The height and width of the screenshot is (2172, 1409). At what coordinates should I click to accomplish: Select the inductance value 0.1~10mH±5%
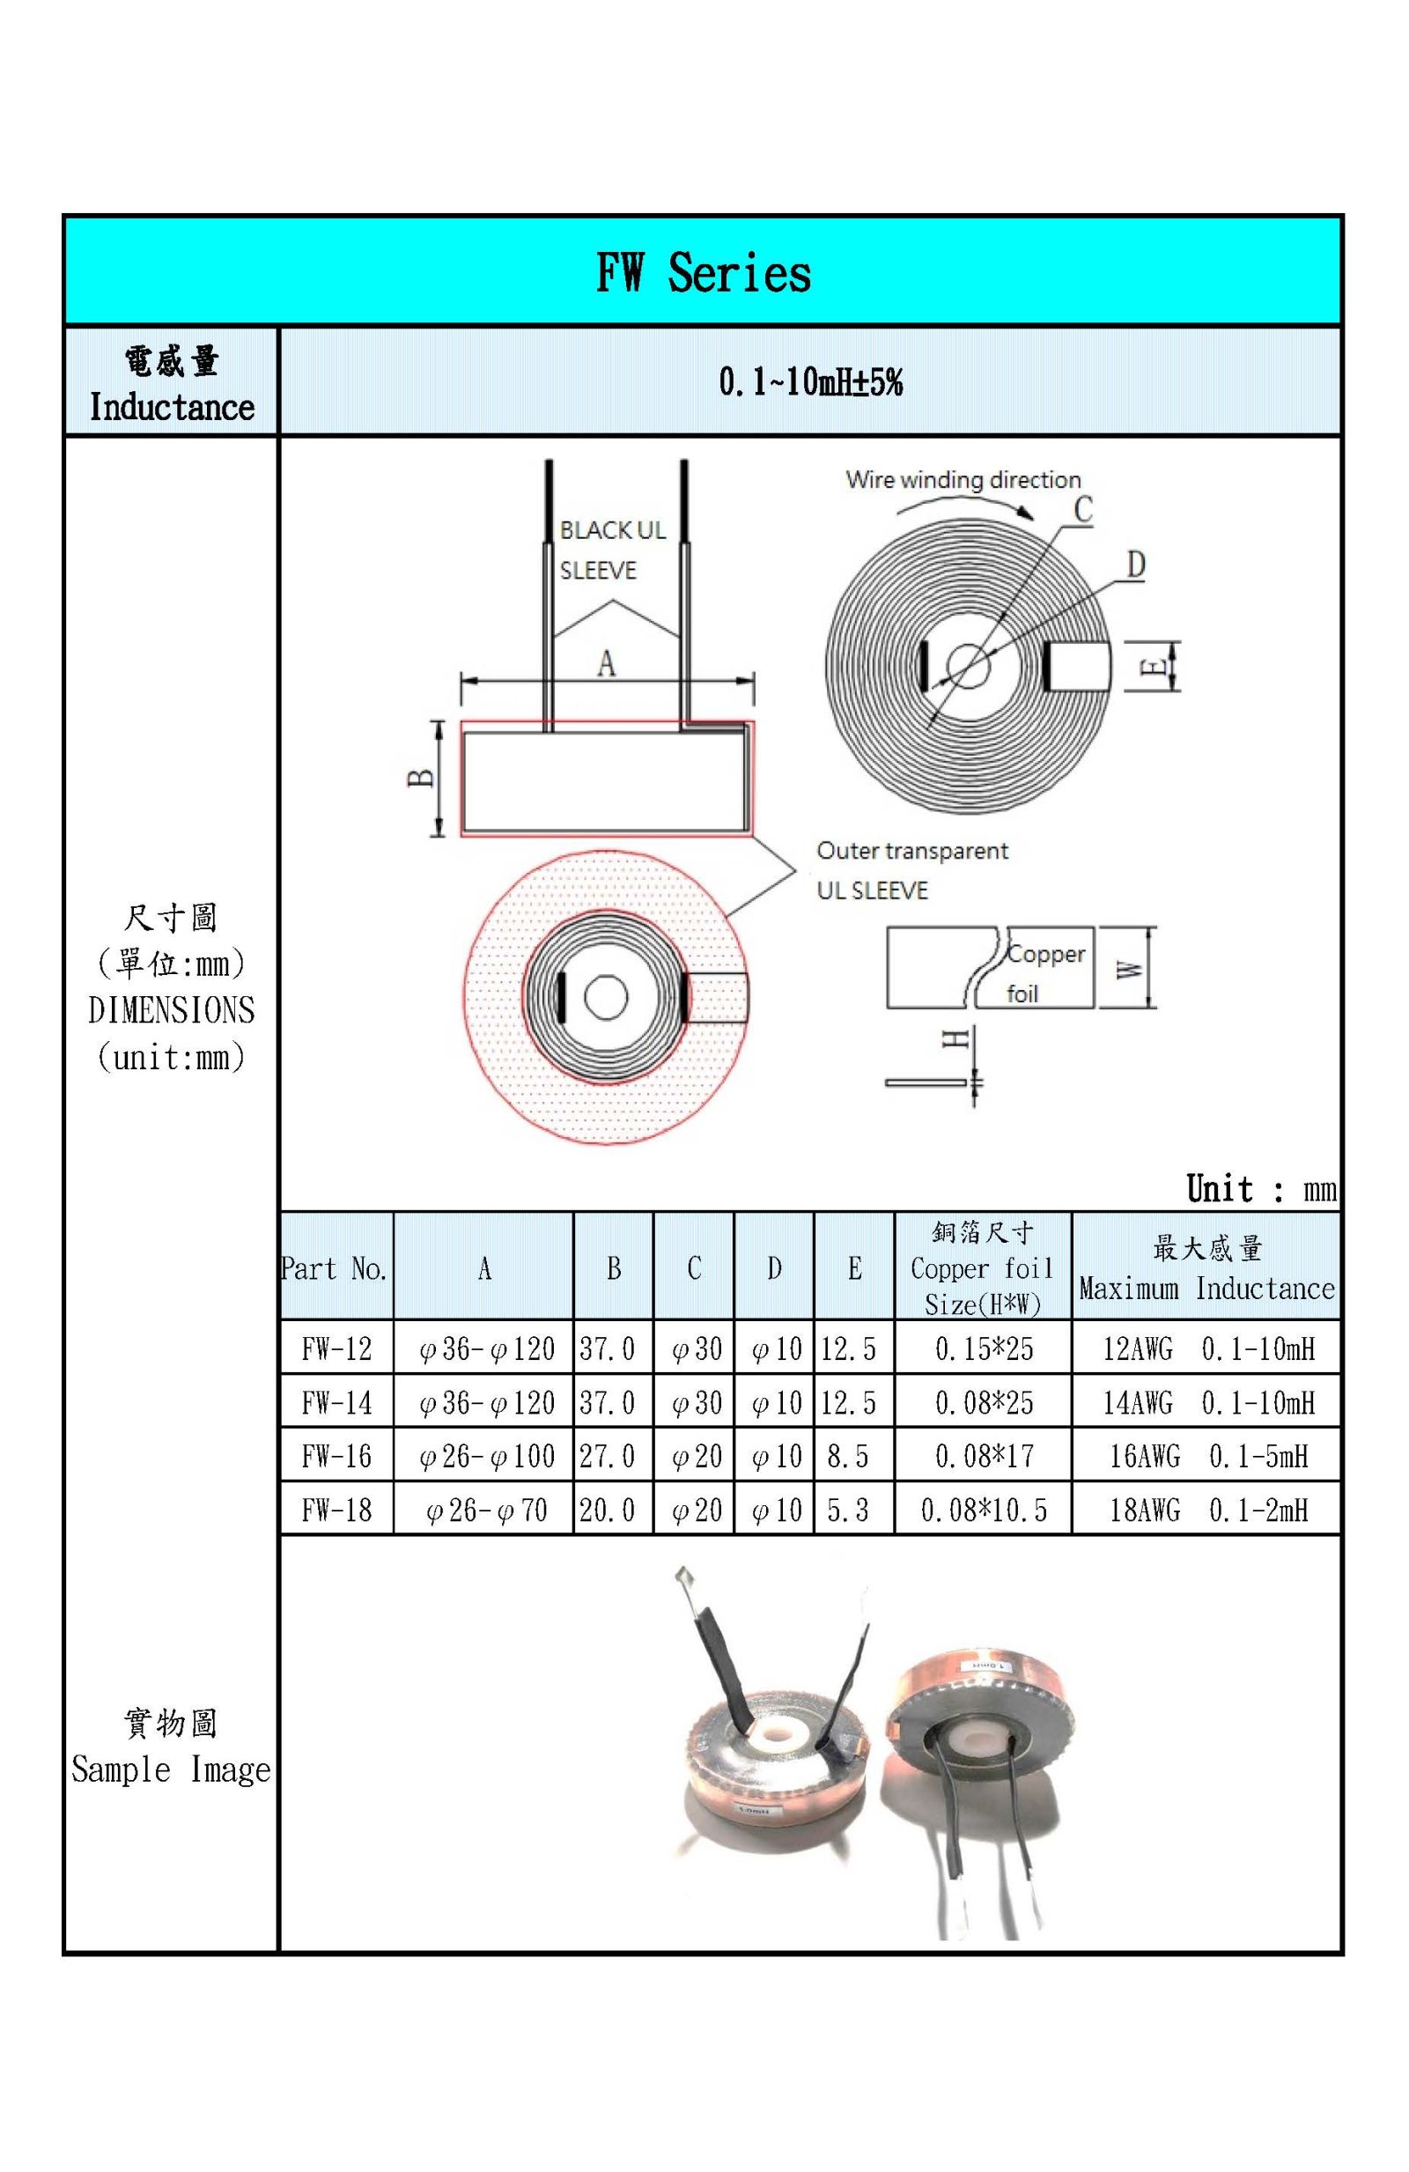tap(809, 381)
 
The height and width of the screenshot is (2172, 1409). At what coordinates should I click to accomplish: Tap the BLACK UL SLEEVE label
tap(611, 550)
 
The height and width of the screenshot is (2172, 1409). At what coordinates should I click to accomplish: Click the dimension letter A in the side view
tap(606, 663)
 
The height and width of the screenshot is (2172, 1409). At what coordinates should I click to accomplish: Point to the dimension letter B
tap(420, 778)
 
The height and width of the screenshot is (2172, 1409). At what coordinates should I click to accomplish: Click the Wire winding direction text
tap(963, 480)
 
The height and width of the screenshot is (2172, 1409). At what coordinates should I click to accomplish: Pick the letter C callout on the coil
tap(1082, 510)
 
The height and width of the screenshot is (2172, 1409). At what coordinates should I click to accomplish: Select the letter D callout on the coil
tap(1135, 565)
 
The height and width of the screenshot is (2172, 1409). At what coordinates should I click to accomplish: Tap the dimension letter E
tap(1154, 665)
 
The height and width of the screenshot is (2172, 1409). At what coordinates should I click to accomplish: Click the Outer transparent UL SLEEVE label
tap(911, 870)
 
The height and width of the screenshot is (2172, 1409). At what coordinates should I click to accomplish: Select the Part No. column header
tap(335, 1267)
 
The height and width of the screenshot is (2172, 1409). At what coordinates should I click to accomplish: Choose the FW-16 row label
tap(336, 1456)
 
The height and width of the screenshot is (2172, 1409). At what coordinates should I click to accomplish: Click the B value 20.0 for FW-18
tap(607, 1510)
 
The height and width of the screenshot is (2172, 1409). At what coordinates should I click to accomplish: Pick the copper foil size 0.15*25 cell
tap(983, 1348)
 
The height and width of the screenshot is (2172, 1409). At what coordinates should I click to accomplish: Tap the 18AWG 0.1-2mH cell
tap(1207, 1510)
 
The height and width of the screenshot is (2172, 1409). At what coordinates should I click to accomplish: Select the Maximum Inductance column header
tap(1206, 1267)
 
